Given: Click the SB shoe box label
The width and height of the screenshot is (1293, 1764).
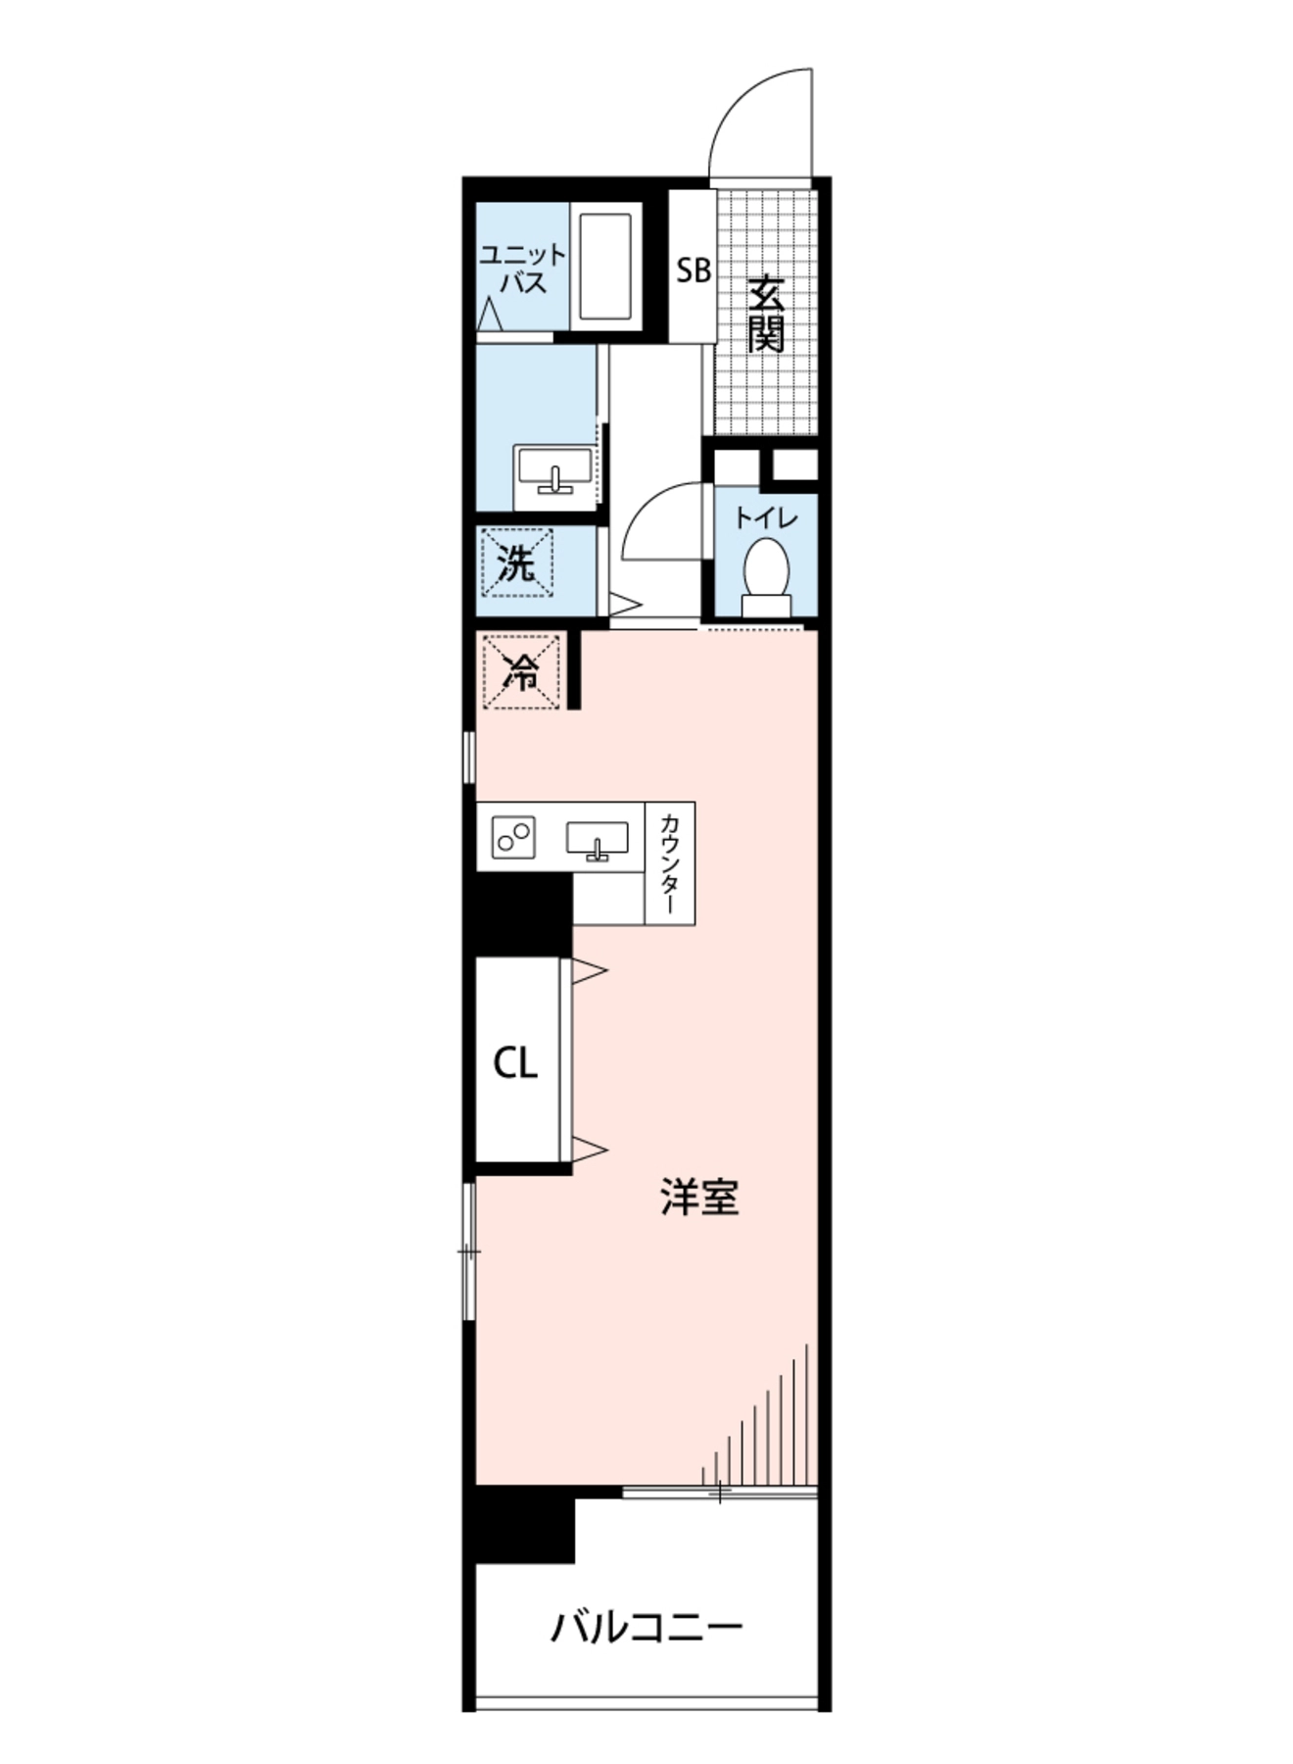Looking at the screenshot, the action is point(694,270).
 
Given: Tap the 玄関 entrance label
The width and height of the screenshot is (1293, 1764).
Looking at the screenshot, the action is point(767,314).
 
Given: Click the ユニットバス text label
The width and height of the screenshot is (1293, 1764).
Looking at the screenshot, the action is point(522,269).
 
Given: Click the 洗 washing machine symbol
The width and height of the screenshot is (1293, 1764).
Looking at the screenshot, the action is point(517,564).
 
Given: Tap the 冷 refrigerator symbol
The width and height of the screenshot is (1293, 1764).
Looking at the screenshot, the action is point(522,671).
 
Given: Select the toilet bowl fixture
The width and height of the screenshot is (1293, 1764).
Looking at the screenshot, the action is point(766,580).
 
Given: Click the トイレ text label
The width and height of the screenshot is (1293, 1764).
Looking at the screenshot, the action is point(766,517).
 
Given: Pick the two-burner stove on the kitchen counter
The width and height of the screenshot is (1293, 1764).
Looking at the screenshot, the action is point(512,837).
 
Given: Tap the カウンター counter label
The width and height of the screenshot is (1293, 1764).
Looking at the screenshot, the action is point(670,863).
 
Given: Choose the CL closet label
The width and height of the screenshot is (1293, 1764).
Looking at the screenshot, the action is point(515,1062).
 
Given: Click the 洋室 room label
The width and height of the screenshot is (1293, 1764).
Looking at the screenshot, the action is point(699,1197).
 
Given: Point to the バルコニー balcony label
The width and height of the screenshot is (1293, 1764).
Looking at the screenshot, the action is point(646,1628).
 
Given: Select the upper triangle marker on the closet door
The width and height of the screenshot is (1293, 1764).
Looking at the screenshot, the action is point(589,971).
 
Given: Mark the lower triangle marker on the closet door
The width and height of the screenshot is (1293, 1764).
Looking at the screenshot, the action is point(589,1149).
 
